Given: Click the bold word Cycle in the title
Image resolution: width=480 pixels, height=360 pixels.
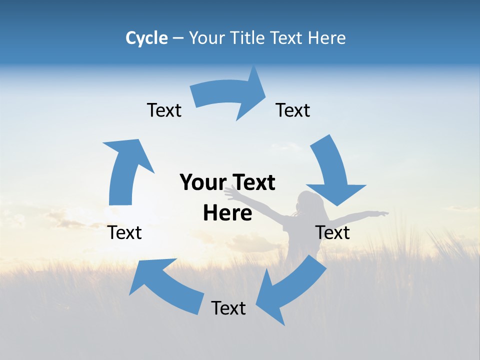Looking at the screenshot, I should click(x=146, y=38).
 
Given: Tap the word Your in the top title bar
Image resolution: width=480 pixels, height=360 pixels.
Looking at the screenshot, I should click(x=206, y=38).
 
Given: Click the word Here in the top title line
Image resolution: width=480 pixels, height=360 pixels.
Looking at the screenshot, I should click(x=327, y=38).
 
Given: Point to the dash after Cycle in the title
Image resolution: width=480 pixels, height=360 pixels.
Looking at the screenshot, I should click(x=178, y=38).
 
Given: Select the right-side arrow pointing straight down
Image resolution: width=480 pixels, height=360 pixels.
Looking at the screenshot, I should click(x=334, y=170).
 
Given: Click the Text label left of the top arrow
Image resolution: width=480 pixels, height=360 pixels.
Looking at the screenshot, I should click(x=164, y=110).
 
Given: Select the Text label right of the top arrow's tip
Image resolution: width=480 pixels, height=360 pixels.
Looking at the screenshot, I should click(x=293, y=110).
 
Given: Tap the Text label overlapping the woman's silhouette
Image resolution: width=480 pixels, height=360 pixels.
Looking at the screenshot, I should click(x=332, y=232).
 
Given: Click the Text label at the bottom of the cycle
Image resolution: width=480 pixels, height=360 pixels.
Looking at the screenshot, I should click(x=228, y=308).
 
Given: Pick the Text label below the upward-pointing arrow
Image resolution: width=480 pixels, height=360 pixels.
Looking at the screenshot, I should click(x=124, y=232).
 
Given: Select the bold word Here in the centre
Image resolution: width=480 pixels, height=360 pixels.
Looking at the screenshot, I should click(x=227, y=213).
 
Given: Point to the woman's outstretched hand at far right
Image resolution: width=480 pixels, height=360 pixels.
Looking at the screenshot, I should click(x=382, y=214).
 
